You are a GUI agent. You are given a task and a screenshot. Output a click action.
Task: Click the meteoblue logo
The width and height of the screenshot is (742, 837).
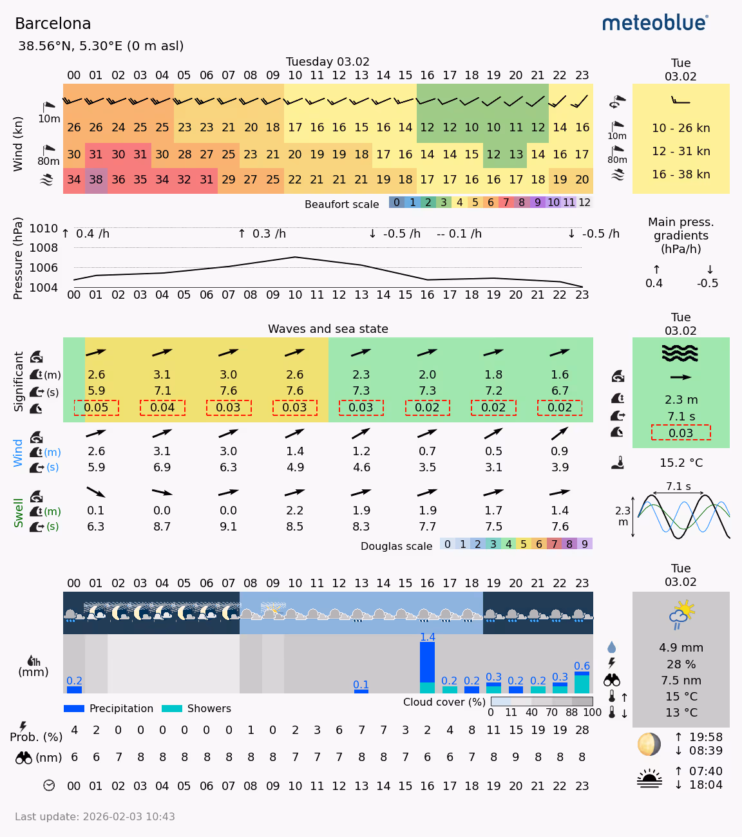tap(655, 23)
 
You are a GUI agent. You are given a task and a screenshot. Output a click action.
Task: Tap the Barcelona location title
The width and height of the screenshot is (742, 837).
tap(53, 24)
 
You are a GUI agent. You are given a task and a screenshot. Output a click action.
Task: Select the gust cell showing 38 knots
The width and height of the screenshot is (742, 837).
tap(96, 180)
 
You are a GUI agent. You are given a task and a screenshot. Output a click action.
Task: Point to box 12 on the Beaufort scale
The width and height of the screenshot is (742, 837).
tap(584, 202)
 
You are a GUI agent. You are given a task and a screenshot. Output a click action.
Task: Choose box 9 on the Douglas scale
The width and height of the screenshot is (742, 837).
tap(585, 544)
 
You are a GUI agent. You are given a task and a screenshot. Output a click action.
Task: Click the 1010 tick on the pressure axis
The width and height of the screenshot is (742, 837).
tap(44, 229)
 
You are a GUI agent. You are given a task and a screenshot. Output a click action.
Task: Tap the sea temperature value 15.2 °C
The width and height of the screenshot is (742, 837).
tap(681, 463)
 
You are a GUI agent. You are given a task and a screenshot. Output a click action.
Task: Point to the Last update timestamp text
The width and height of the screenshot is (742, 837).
tap(95, 816)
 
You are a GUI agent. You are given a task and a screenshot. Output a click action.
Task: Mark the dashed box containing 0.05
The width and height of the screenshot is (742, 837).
tap(96, 408)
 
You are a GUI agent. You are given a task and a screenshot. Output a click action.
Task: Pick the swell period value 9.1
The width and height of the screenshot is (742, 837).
tap(228, 527)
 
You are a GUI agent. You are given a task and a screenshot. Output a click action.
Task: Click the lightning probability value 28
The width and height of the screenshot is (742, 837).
tap(582, 730)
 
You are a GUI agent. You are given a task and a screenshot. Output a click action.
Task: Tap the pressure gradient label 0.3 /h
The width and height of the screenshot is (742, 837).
tap(262, 234)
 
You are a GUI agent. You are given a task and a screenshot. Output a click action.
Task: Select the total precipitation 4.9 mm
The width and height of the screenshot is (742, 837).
tap(681, 648)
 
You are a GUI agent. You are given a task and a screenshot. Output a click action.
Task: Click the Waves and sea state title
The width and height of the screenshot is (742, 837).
tap(328, 329)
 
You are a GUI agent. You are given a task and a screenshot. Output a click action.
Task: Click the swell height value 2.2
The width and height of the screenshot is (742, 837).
tap(294, 511)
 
